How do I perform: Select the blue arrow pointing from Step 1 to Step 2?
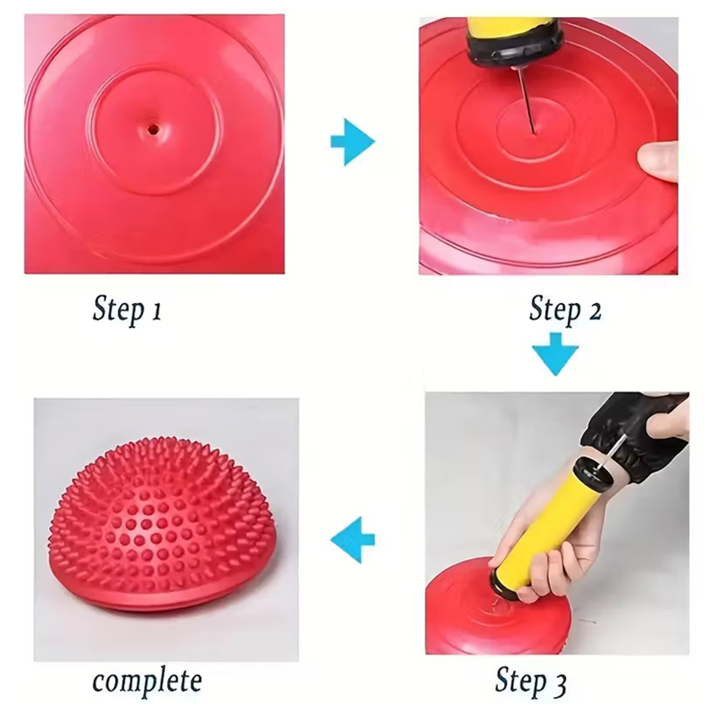[352, 142]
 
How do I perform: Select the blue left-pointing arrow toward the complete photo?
[352, 540]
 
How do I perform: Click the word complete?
[147, 681]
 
